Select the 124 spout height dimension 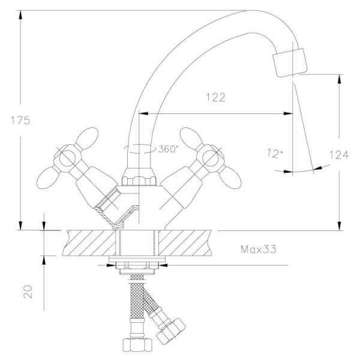pyautogui.click(x=338, y=155)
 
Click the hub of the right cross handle pyautogui.click(x=212, y=158)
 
